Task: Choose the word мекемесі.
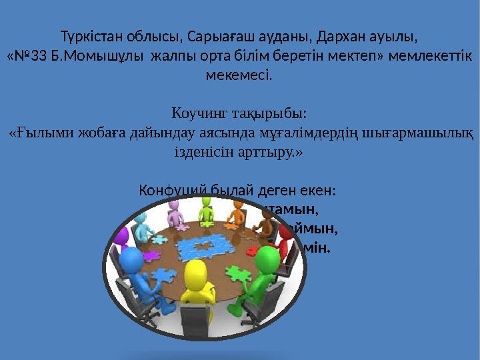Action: coord(239,75)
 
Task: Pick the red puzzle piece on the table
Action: coord(255,250)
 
